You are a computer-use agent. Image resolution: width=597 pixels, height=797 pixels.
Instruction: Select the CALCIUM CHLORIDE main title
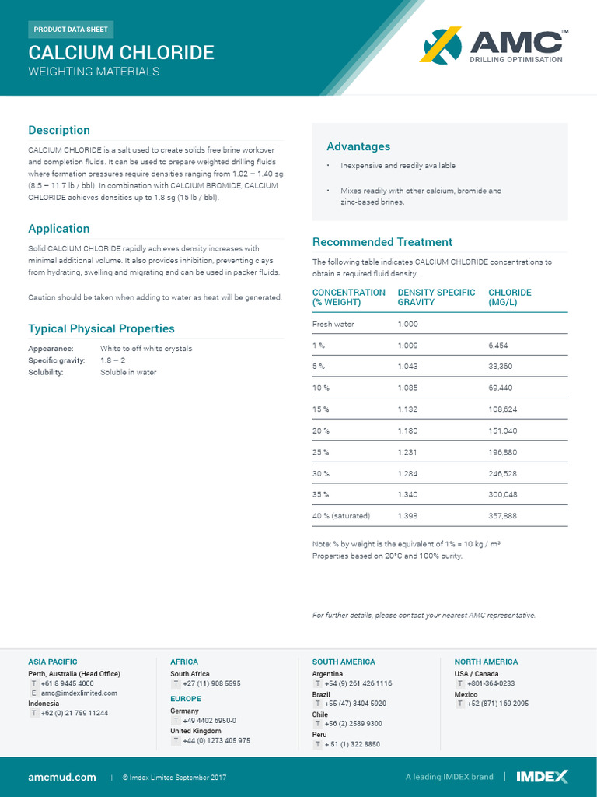coord(121,53)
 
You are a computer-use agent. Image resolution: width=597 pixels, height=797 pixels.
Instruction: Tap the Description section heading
coord(59,130)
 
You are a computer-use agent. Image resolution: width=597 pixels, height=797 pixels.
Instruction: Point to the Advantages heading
coord(358,146)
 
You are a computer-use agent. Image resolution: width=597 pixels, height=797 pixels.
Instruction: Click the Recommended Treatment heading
coord(382,242)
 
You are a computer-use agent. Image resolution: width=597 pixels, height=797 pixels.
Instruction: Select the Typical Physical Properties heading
coord(101,328)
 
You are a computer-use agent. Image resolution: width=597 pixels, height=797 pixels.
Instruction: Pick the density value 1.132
coord(407,409)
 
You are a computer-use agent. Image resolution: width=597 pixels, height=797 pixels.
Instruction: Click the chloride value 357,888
coord(503,516)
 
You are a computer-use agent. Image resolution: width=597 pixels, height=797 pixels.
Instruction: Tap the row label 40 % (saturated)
coord(341,516)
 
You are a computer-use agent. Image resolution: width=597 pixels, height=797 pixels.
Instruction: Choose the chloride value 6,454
coord(498,345)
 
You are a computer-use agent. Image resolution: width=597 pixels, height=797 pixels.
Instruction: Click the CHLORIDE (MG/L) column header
coord(510,297)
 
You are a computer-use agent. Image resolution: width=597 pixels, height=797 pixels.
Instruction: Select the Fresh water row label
coord(333,324)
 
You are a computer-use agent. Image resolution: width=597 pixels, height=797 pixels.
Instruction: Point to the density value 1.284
coord(407,473)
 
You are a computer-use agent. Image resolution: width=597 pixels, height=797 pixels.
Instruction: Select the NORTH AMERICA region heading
coord(486,662)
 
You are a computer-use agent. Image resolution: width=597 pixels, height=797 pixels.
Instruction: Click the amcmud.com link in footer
coord(62,777)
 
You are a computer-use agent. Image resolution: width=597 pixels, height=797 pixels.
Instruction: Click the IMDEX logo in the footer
coord(543,777)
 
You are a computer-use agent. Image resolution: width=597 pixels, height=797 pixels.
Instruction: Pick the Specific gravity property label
coord(56,360)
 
